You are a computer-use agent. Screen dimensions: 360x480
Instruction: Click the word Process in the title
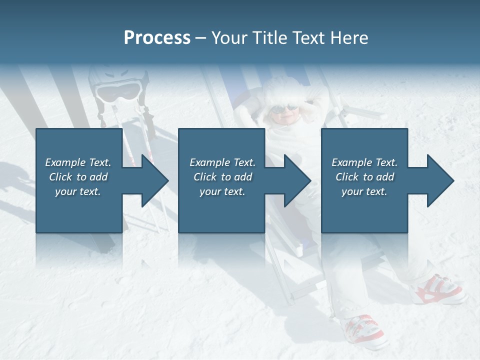pos(157,38)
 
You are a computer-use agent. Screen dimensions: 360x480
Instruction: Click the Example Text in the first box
pos(78,162)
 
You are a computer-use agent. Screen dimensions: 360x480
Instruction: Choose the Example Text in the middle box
pos(222,162)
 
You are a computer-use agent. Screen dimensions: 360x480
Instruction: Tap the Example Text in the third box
pos(364,162)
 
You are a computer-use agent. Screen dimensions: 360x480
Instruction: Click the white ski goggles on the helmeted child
pos(118,91)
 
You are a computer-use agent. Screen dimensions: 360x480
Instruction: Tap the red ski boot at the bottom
pos(362,330)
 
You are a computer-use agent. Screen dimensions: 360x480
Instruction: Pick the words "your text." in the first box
pos(78,191)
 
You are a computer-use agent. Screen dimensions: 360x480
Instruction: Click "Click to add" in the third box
pos(364,177)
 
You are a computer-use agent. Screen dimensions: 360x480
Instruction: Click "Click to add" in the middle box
pos(222,177)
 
